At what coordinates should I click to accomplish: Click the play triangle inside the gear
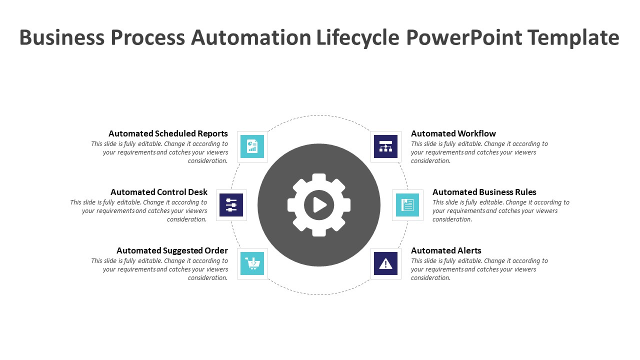pyautogui.click(x=319, y=205)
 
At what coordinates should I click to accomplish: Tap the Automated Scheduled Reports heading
pyautogui.click(x=168, y=133)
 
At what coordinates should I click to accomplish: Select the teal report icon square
pyautogui.click(x=252, y=146)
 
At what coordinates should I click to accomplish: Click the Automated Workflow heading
pyautogui.click(x=453, y=133)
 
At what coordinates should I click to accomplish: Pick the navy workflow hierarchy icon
pyautogui.click(x=385, y=146)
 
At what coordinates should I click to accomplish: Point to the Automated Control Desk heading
pyautogui.click(x=159, y=192)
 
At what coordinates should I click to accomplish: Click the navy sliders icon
pyautogui.click(x=231, y=205)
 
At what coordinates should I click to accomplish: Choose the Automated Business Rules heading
pyautogui.click(x=484, y=192)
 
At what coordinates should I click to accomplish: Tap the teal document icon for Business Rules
pyautogui.click(x=407, y=205)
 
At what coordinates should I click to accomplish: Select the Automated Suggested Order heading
pyautogui.click(x=172, y=250)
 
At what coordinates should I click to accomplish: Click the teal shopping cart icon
pyautogui.click(x=252, y=263)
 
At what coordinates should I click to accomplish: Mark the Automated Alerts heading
pyautogui.click(x=446, y=250)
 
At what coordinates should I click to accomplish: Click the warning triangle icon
pyautogui.click(x=385, y=263)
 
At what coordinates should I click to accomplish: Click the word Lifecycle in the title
pyautogui.click(x=357, y=37)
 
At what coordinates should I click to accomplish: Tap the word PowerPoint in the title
pyautogui.click(x=464, y=37)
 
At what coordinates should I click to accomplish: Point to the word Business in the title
pyautogui.click(x=62, y=37)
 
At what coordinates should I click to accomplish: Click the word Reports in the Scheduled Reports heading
pyautogui.click(x=213, y=133)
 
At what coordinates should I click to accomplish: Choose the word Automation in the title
pyautogui.click(x=251, y=37)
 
